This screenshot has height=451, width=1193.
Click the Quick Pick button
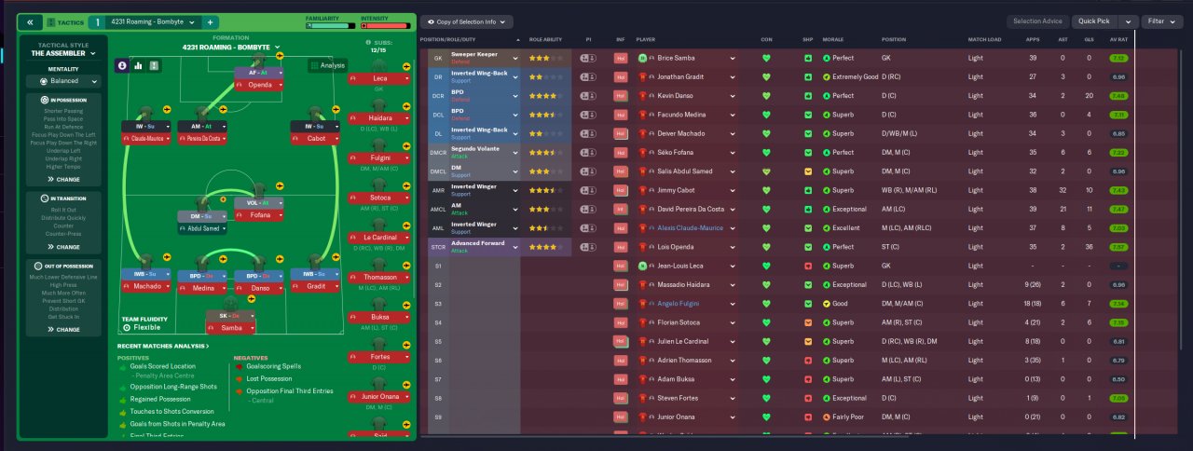(x=1095, y=21)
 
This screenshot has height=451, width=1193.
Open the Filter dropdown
(x=1163, y=21)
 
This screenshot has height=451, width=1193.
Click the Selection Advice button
(x=1038, y=21)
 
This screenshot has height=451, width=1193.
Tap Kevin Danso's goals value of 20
(x=1088, y=96)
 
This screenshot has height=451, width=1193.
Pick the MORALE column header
(x=833, y=40)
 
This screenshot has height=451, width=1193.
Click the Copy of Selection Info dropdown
(x=466, y=21)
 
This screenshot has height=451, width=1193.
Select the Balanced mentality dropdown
(x=64, y=81)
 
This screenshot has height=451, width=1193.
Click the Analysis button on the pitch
(x=328, y=65)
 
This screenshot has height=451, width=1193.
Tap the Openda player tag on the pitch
(x=259, y=84)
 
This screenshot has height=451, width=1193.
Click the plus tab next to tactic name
(x=210, y=21)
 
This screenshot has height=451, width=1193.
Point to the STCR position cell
(x=438, y=247)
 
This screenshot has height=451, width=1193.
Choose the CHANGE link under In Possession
(x=64, y=179)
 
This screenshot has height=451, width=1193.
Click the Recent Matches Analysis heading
(x=162, y=347)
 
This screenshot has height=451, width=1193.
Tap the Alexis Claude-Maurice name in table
(x=689, y=228)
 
